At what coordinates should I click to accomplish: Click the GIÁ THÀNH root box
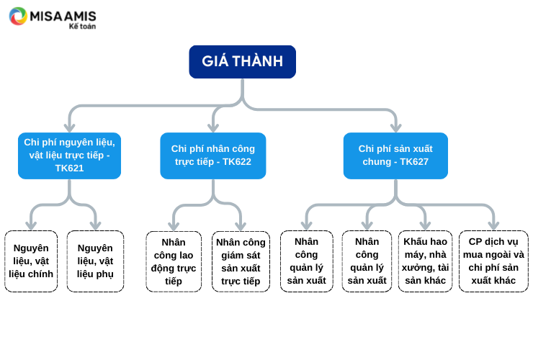pos(242,62)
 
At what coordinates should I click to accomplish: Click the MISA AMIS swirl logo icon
pos(18,17)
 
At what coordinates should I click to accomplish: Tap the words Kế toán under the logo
pos(82,26)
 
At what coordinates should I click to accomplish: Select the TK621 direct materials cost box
pos(69,156)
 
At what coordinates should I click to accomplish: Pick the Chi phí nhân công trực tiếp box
pos(213,156)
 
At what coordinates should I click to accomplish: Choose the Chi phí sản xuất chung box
pos(395,156)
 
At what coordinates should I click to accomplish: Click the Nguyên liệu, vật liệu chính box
pos(31,261)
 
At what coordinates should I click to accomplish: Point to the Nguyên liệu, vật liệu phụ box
pos(95,261)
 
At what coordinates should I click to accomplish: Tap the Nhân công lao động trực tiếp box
pos(174,261)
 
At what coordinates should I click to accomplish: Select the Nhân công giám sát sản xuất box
pos(241,261)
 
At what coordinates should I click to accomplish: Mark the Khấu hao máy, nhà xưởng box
pos(425,261)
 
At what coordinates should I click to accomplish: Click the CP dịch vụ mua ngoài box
pos(493,261)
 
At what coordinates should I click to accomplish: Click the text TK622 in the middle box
pos(237,162)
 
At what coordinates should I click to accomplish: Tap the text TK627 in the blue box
pos(414,162)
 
